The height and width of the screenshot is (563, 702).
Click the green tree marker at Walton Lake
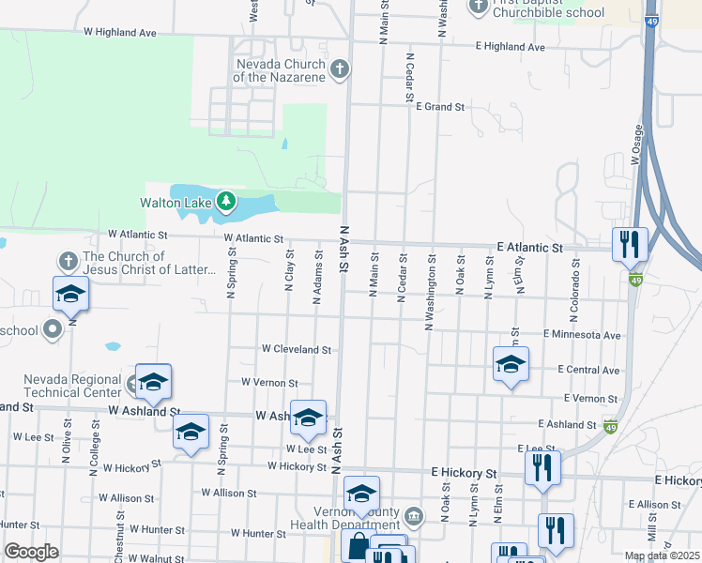(x=226, y=201)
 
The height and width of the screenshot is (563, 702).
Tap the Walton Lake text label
(x=175, y=202)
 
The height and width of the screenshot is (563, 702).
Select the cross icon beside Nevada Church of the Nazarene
(x=340, y=68)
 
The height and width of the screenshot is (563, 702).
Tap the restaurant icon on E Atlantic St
(x=629, y=245)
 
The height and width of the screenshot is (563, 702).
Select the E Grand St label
(x=440, y=107)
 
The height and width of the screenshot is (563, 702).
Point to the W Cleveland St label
(x=297, y=349)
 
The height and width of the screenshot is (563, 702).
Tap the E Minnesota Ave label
(x=581, y=334)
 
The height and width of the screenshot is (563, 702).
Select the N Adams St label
(x=318, y=272)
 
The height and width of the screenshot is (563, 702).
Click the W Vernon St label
(x=269, y=383)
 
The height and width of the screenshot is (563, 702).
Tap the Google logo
(x=31, y=552)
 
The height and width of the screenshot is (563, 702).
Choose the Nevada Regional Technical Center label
(x=73, y=386)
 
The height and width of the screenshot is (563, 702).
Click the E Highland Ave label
(x=510, y=47)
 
